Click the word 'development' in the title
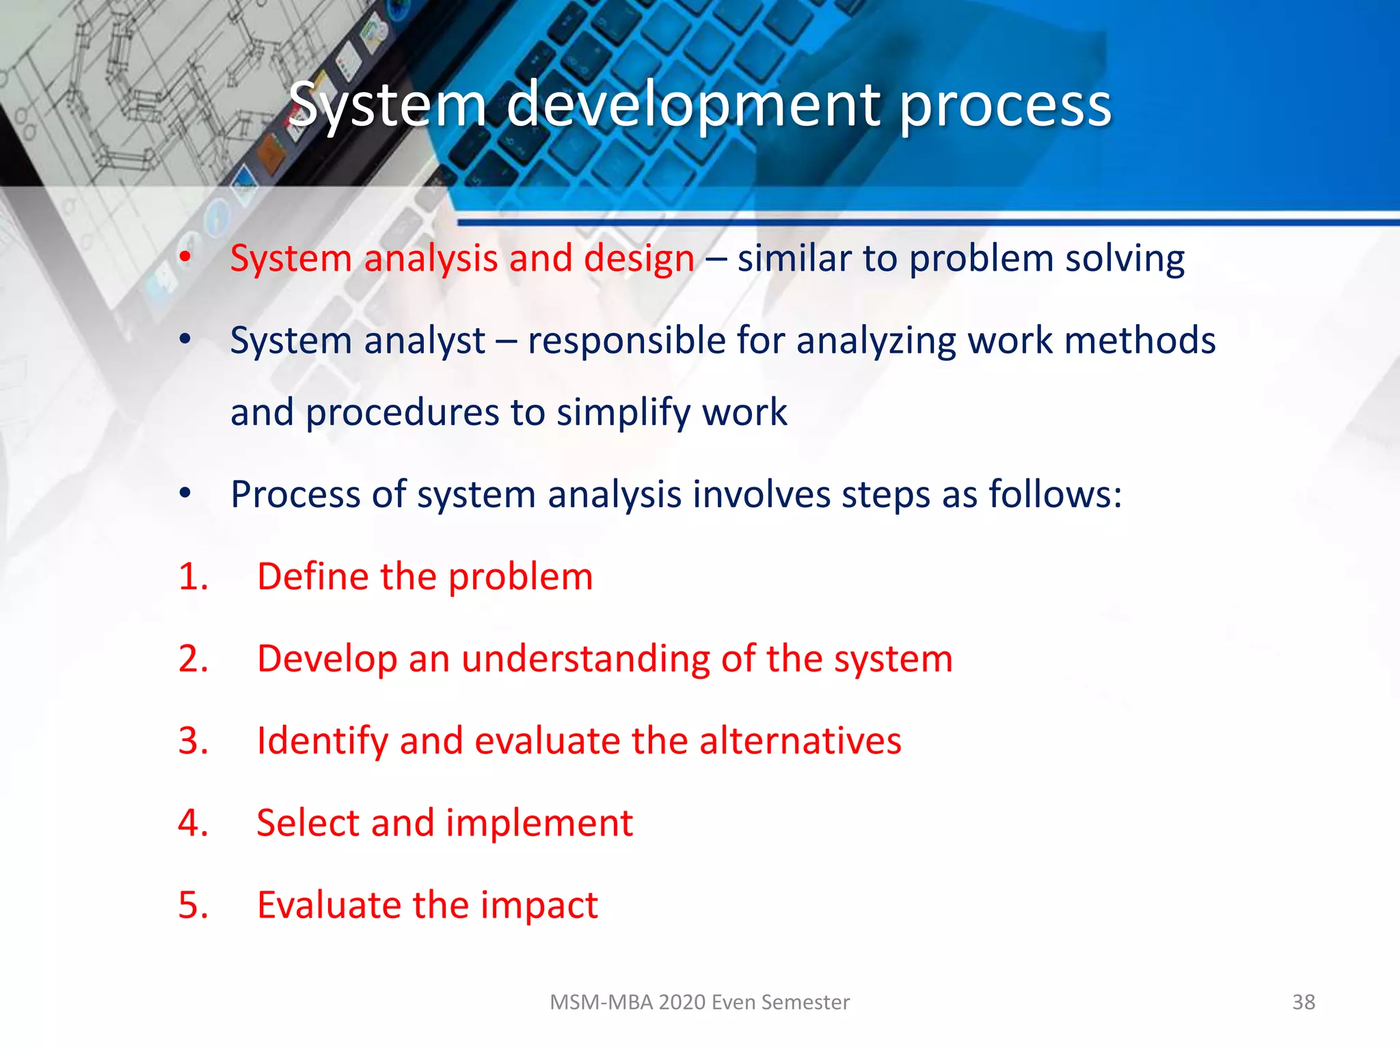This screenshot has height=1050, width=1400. pyautogui.click(x=693, y=105)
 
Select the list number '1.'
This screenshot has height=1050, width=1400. pyautogui.click(x=193, y=576)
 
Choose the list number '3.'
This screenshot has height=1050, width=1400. pyautogui.click(x=193, y=741)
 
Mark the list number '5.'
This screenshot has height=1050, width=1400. pyautogui.click(x=193, y=905)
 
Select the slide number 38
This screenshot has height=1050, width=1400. pyautogui.click(x=1303, y=1002)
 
